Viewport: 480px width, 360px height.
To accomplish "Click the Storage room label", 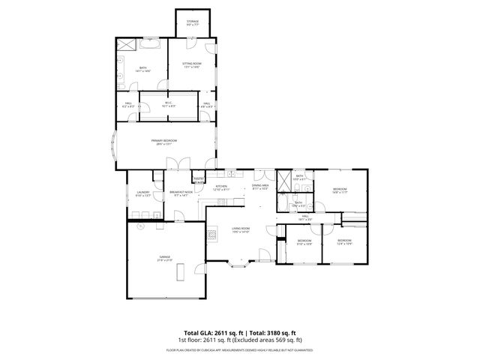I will click(193, 22).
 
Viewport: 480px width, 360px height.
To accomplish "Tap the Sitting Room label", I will click(192, 65).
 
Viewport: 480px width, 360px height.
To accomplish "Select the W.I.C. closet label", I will click(168, 105).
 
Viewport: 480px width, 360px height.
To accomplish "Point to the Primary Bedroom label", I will click(163, 142).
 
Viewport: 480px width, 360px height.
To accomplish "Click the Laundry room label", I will click(142, 193).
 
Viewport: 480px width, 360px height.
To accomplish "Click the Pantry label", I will click(199, 179).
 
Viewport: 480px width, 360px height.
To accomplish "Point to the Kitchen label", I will click(221, 187).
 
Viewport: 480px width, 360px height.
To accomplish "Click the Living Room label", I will click(240, 229).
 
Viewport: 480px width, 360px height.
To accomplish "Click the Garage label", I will click(164, 258).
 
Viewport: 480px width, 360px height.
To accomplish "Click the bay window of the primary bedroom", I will click(113, 148).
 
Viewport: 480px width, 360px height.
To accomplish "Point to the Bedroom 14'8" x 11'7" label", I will click(340, 191).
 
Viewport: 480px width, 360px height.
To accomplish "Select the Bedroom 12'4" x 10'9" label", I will click(345, 242).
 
